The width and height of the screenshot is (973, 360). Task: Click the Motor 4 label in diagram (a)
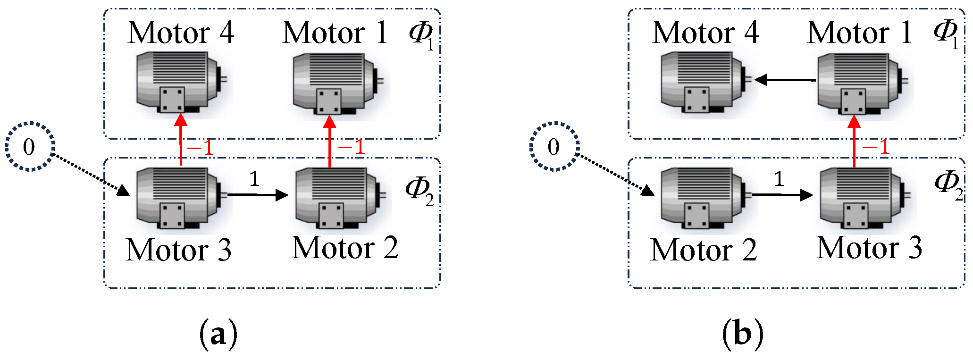(181, 33)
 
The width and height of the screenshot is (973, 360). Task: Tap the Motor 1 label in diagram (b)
(859, 33)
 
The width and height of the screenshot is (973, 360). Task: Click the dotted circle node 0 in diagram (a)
(30, 147)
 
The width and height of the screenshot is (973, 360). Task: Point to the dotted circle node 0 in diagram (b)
(554, 147)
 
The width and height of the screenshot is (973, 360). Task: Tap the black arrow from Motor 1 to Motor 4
(785, 80)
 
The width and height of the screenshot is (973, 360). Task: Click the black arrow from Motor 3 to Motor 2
(258, 195)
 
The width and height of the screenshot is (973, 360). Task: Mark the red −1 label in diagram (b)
(876, 147)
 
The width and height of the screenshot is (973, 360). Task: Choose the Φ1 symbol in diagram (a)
(421, 34)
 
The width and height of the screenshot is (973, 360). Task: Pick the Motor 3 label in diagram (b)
(869, 248)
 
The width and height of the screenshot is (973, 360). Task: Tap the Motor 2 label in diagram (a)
(345, 248)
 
